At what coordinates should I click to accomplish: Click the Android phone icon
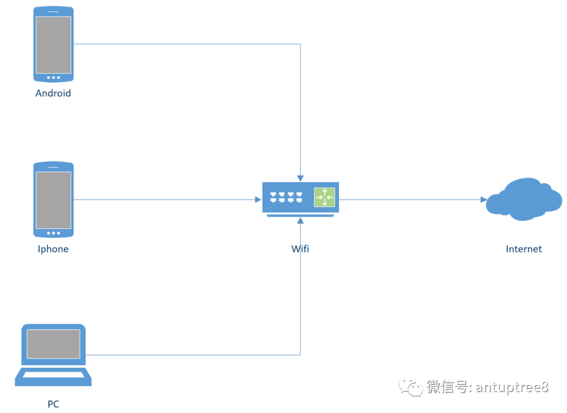point(53,45)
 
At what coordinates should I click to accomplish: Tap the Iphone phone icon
point(53,200)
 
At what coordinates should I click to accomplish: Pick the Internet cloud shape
point(523,199)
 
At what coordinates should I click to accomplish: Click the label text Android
point(53,93)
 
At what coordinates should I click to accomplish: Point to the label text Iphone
point(53,249)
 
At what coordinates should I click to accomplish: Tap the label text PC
point(53,404)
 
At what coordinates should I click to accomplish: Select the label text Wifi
point(300,249)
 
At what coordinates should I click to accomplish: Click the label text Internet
point(523,249)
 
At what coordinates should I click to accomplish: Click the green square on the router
point(324,197)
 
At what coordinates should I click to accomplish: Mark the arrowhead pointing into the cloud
point(484,199)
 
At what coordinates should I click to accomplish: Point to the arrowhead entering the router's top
point(300,178)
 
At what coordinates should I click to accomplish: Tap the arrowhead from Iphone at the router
point(258,199)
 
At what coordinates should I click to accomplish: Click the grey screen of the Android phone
point(53,45)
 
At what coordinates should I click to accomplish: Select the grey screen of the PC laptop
point(53,344)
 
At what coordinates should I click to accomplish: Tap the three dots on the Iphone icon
point(53,233)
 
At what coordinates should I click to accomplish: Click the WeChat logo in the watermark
point(411,387)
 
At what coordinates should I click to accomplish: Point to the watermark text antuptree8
point(512,387)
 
